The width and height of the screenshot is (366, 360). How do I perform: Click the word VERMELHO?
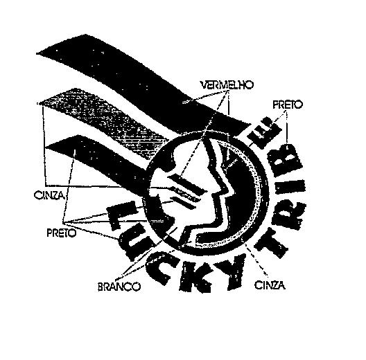[227, 85]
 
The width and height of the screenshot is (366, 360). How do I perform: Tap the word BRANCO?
[119, 287]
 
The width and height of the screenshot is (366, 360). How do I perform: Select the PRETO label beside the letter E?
[288, 105]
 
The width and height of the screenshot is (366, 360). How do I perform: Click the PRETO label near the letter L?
[62, 233]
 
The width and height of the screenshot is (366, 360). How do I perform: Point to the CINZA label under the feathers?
[49, 195]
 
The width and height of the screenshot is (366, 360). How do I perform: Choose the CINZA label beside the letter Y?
[270, 285]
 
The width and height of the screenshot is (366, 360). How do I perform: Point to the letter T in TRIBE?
[271, 242]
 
